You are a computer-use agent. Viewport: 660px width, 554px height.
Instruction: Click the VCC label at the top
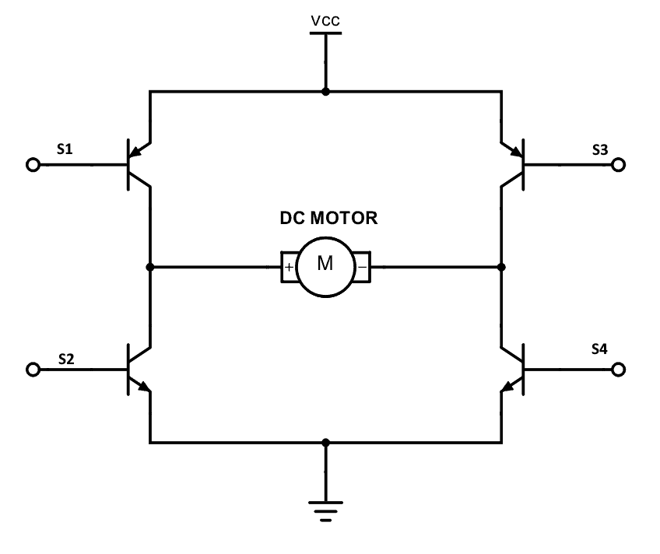pyautogui.click(x=325, y=22)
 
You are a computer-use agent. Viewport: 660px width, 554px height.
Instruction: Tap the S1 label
pyautogui.click(x=65, y=149)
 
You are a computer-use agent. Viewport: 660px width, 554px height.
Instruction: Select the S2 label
pyautogui.click(x=66, y=359)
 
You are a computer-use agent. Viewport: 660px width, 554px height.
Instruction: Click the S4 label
pyautogui.click(x=599, y=349)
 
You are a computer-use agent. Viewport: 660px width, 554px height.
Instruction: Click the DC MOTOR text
pyautogui.click(x=328, y=219)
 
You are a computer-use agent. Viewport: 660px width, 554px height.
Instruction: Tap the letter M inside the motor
pyautogui.click(x=325, y=265)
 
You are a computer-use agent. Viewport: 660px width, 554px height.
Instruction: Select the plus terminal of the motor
pyautogui.click(x=289, y=268)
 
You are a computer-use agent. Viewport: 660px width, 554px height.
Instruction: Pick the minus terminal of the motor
pyautogui.click(x=363, y=268)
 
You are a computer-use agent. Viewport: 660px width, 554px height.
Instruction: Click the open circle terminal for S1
pyautogui.click(x=33, y=165)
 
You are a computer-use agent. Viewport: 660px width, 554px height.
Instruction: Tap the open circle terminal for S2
pyautogui.click(x=33, y=370)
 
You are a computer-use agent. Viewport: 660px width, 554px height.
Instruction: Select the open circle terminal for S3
pyautogui.click(x=619, y=165)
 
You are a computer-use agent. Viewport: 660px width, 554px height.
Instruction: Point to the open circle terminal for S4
pyautogui.click(x=619, y=370)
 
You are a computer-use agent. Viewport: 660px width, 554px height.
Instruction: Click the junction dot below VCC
pyautogui.click(x=325, y=92)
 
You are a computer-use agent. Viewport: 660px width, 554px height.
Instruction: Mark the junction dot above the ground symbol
pyautogui.click(x=325, y=443)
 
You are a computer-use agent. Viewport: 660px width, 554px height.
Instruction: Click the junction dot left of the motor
pyautogui.click(x=149, y=267)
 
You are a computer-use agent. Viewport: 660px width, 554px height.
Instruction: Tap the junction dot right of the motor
pyautogui.click(x=502, y=267)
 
